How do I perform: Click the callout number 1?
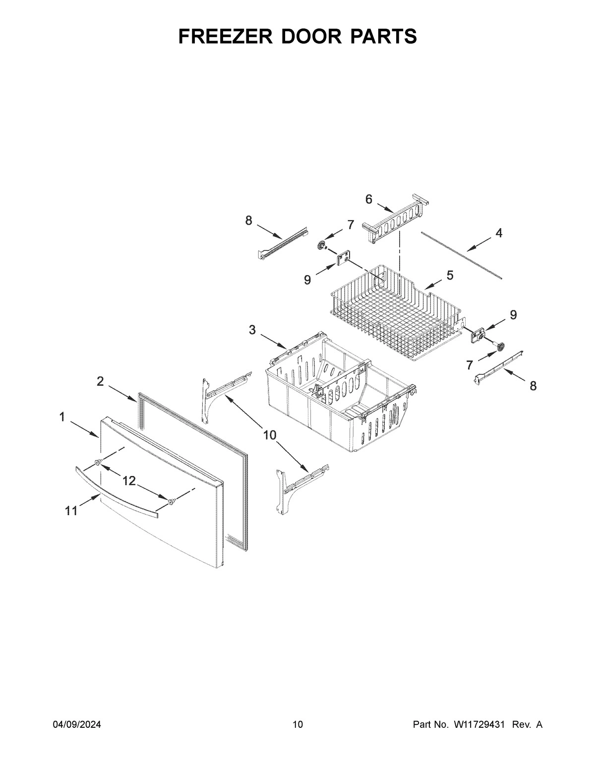pos(62,417)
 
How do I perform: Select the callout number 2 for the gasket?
pos(100,381)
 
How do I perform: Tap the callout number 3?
pos(252,330)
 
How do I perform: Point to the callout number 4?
pos(499,233)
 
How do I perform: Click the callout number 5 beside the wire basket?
pos(450,275)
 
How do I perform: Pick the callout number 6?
pos(368,199)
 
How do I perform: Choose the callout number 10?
pos(269,435)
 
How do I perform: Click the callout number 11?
pos(71,511)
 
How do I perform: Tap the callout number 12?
pos(129,480)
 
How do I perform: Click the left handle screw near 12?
pos(98,462)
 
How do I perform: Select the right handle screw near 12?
pos(171,502)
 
